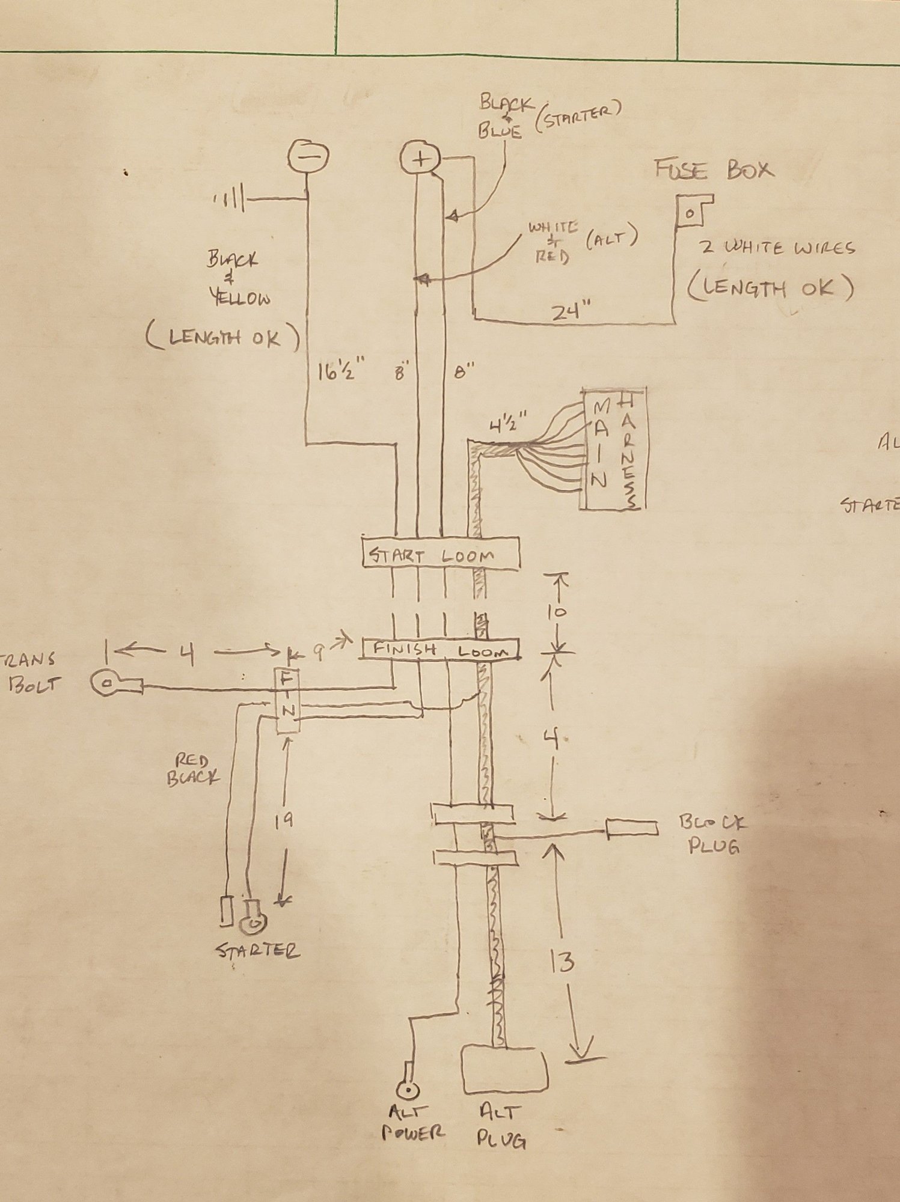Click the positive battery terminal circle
click(420, 159)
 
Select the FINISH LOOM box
click(441, 648)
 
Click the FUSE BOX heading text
click(714, 170)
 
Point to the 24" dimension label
click(572, 311)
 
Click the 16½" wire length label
click(341, 373)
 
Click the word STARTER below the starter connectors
click(257, 950)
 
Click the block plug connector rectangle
click(632, 828)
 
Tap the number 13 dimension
click(562, 962)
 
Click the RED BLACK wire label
click(194, 770)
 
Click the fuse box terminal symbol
click(690, 213)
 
